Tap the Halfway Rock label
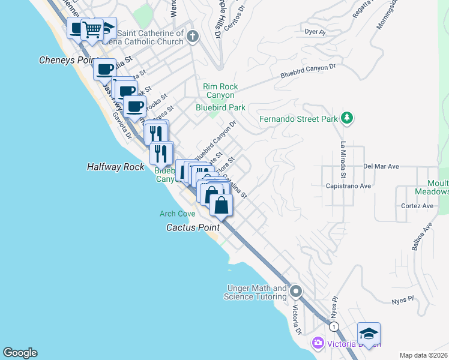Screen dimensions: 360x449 pyautogui.click(x=115, y=167)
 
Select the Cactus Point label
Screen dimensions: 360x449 pyautogui.click(x=192, y=227)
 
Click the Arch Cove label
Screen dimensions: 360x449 pyautogui.click(x=178, y=214)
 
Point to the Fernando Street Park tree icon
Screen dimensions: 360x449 pyautogui.click(x=346, y=118)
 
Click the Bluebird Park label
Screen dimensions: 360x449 pyautogui.click(x=220, y=107)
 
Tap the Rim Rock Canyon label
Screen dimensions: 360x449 pyautogui.click(x=220, y=91)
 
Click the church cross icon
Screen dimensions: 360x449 pyautogui.click(x=192, y=36)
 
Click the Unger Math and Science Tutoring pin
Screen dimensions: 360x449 pyautogui.click(x=295, y=292)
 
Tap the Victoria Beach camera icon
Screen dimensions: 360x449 pyautogui.click(x=317, y=343)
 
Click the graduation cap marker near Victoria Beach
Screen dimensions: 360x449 pyautogui.click(x=369, y=333)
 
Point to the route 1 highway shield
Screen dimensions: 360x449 pyautogui.click(x=334, y=326)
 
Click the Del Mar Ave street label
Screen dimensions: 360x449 pyautogui.click(x=381, y=166)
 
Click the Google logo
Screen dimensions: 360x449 pyautogui.click(x=20, y=353)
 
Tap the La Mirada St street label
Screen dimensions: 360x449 pyautogui.click(x=343, y=160)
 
